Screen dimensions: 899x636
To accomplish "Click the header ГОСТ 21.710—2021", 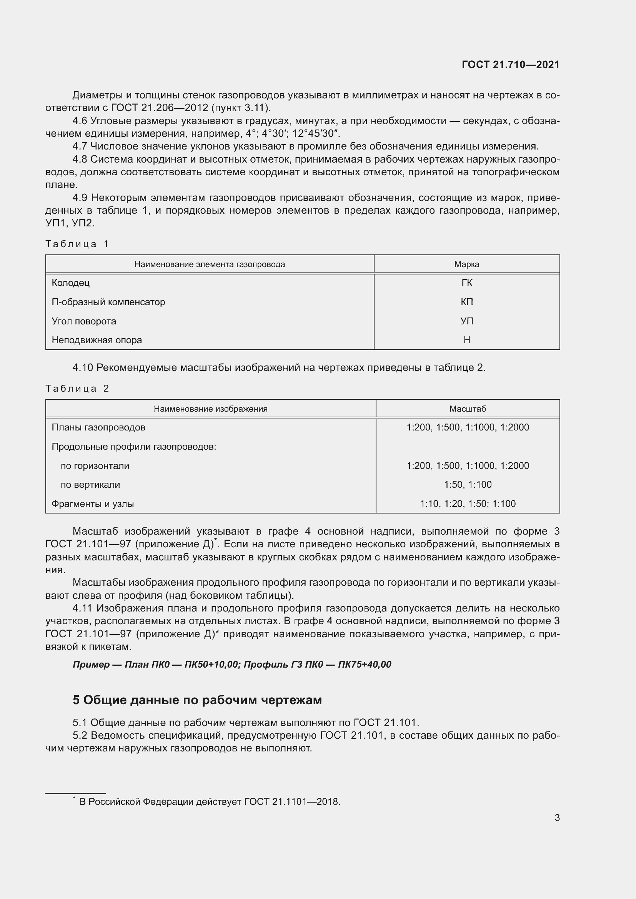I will coord(510,65).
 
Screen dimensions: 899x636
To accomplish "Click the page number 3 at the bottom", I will coord(557,818).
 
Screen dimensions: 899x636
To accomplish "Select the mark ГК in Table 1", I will coord(466,283).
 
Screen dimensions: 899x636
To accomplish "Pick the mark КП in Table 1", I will coord(466,302).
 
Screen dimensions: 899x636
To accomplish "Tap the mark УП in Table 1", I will coord(466,321).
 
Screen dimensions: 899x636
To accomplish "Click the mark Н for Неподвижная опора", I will coord(466,340).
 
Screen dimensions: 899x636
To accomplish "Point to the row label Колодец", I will coord(70,283).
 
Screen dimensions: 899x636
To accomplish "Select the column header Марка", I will coord(466,264).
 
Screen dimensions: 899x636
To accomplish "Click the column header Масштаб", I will coord(467,409).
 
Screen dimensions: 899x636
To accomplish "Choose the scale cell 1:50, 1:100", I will coord(467,484).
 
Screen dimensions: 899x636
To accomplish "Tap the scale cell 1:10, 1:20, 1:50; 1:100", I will coord(467,504).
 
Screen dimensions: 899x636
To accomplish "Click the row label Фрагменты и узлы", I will coord(93,504).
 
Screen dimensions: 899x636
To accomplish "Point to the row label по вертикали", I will coord(90,484).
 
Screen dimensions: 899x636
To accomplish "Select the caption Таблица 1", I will coord(77,244).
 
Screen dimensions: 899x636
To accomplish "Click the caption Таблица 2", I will coord(77,389).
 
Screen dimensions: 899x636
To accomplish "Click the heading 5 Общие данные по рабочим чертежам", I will coord(197,700).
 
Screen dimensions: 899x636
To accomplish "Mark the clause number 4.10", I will coord(83,368).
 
